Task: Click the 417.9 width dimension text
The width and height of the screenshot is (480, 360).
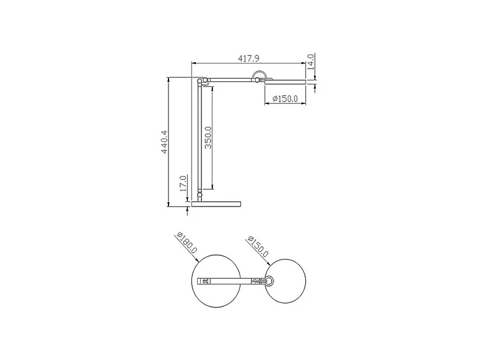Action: (x=249, y=58)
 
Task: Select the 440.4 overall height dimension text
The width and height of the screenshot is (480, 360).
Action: (x=164, y=141)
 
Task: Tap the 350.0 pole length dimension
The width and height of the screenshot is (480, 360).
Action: (x=208, y=137)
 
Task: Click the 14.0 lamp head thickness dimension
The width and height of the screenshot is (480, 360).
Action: (x=310, y=61)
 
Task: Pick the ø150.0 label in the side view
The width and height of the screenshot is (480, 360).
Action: (x=284, y=99)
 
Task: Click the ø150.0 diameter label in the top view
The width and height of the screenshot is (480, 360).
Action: (x=257, y=246)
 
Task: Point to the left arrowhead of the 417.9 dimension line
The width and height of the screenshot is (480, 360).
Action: (x=193, y=63)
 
